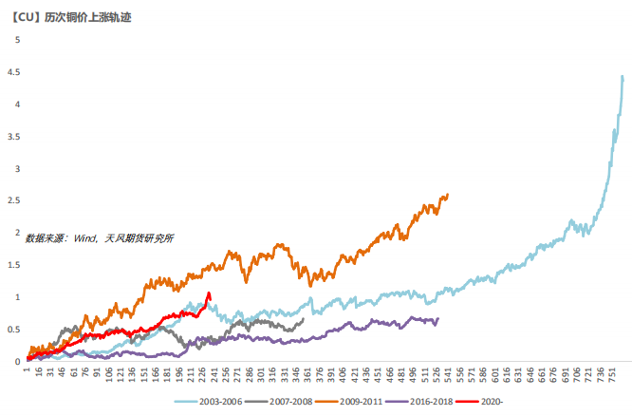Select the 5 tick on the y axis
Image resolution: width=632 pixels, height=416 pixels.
tap(15, 40)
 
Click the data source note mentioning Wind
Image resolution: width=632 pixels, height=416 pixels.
tap(100, 238)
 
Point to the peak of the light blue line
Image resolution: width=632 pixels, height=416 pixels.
tap(623, 77)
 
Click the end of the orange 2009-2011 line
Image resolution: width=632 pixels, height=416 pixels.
tap(447, 195)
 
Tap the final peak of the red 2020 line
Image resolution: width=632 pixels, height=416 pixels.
tap(209, 293)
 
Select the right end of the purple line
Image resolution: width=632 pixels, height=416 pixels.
tap(437, 319)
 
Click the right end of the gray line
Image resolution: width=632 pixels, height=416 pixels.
tap(303, 319)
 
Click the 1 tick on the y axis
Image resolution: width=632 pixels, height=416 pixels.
tap(15, 297)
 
